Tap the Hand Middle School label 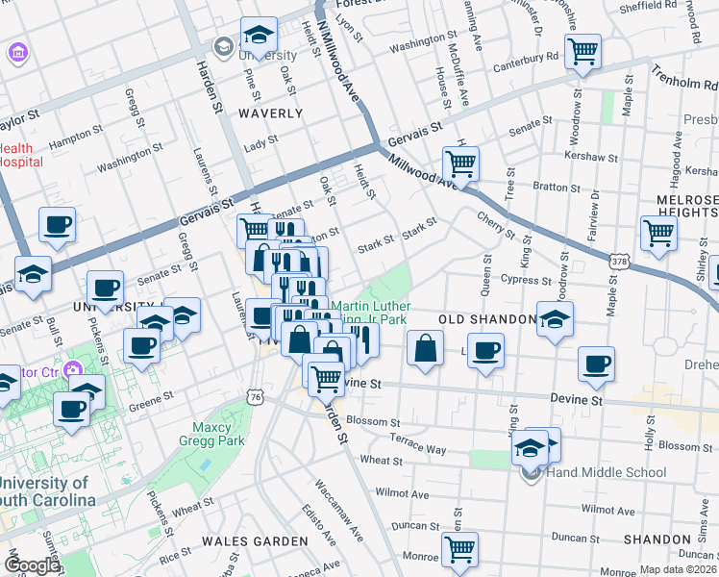tap(606, 472)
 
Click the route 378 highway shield tap(620, 261)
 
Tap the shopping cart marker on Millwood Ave tap(460, 163)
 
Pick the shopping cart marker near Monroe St tap(459, 550)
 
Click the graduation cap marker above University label tap(259, 36)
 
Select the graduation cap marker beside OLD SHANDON tap(555, 319)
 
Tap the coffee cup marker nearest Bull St tap(57, 226)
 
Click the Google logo tap(31, 565)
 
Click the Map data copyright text tap(676, 569)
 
